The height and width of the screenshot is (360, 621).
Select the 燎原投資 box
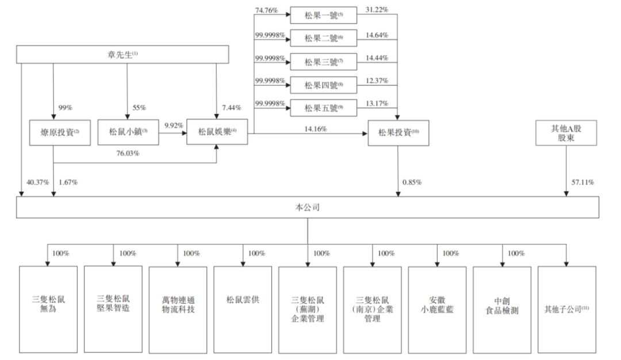coord(53,132)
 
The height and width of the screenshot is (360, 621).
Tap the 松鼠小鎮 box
coord(125,132)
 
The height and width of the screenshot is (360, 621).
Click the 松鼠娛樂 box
coord(217,132)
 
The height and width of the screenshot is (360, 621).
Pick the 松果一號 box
coord(324,14)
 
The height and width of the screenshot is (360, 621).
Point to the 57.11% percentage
coord(582,182)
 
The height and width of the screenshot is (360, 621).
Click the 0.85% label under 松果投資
coord(412,182)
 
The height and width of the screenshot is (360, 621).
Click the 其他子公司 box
coord(566,310)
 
